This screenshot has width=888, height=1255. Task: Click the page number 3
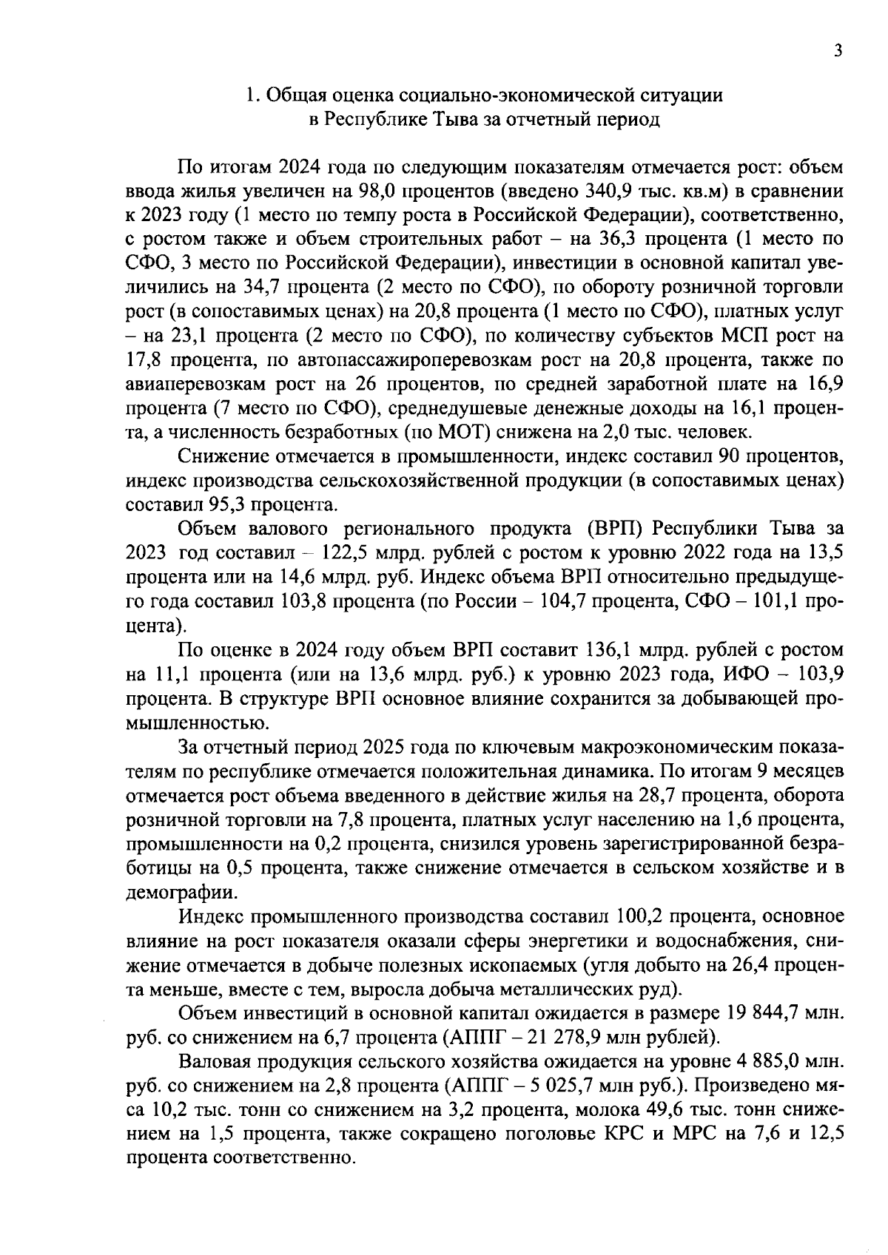pyautogui.click(x=837, y=50)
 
